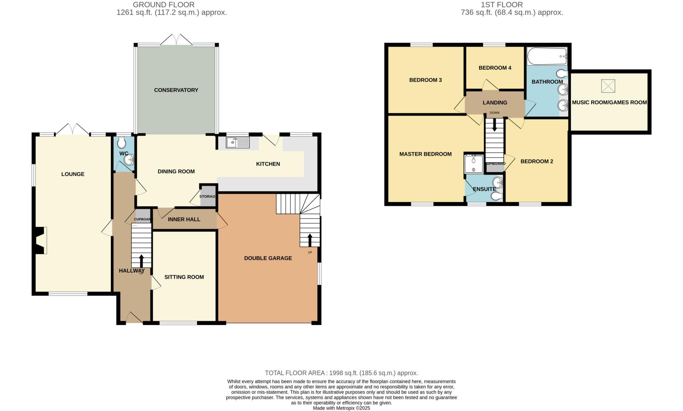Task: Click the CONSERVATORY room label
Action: coord(176,90)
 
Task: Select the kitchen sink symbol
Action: coord(237,143)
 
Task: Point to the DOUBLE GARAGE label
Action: coord(268,258)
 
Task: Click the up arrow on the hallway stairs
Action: coord(141,260)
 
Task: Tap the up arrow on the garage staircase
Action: coord(310,239)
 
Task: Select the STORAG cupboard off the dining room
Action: coord(207,196)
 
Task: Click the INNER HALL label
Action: coord(184,219)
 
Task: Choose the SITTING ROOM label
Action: coord(184,277)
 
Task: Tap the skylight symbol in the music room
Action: coord(608,86)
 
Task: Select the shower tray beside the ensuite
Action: coord(474,164)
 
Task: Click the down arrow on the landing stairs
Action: coord(494,125)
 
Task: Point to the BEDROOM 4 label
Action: coord(495,68)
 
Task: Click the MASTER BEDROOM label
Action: coord(426,154)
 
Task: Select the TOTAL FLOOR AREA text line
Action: coord(341,373)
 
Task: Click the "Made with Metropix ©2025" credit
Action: coord(341,408)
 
